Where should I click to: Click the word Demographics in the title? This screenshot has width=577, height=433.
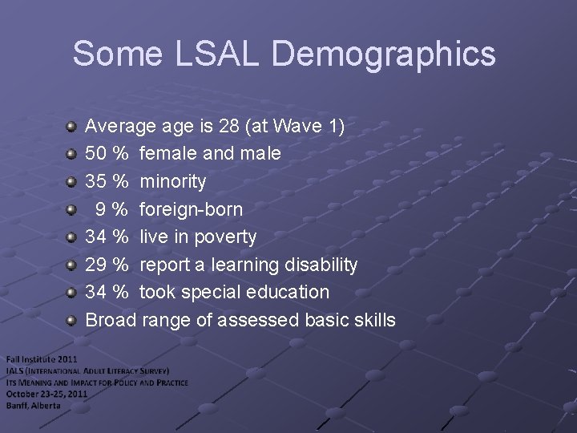tap(384, 55)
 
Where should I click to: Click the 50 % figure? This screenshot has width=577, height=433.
tap(107, 153)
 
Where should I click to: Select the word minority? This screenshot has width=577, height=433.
tap(172, 181)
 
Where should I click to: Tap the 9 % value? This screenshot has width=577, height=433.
tap(111, 209)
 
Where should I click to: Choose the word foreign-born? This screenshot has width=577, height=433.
tap(191, 209)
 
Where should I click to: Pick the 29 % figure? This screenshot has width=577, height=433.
tap(107, 265)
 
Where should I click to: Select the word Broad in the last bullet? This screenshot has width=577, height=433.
tap(111, 320)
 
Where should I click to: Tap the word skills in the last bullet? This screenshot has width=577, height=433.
tap(373, 320)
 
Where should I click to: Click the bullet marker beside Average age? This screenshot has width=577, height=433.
tap(71, 126)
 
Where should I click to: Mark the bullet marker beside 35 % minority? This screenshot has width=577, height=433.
tap(71, 181)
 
